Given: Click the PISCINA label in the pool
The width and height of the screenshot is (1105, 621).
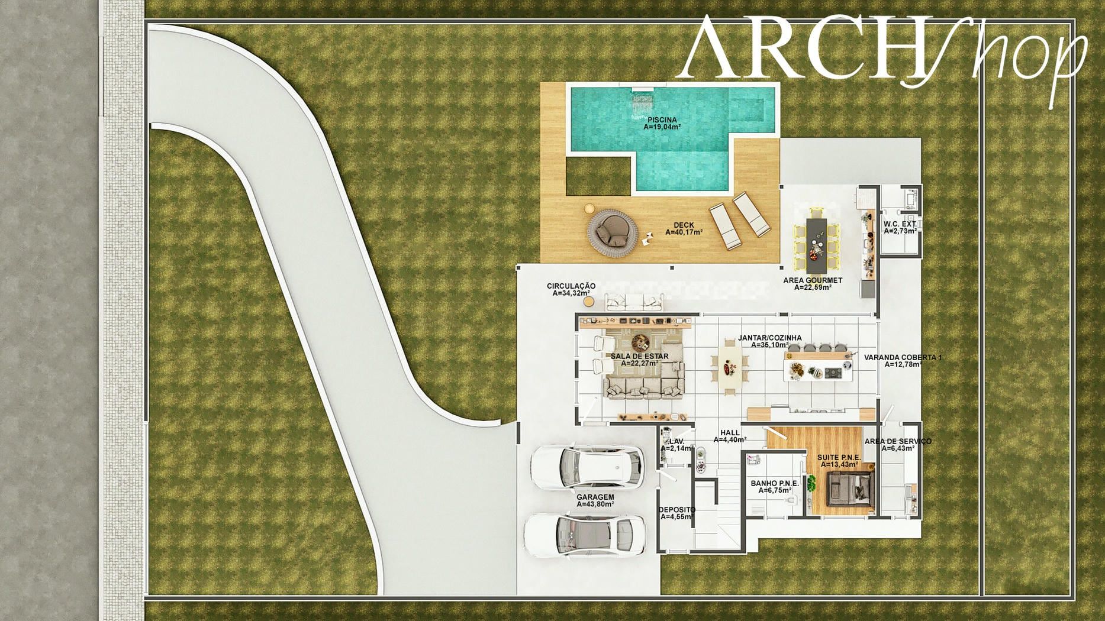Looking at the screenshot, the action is tap(662, 120).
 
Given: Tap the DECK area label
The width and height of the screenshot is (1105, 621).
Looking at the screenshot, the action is tap(684, 225).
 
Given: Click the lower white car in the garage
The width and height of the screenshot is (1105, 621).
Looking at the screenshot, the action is tap(585, 535).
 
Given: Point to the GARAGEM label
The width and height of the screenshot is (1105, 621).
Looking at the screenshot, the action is tap(595, 497).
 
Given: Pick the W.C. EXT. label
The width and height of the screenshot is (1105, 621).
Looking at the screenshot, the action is tap(900, 224).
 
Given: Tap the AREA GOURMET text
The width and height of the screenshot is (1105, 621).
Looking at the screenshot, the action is tap(813, 280).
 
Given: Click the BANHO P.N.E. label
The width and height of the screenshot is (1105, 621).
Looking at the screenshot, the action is tap(775, 483).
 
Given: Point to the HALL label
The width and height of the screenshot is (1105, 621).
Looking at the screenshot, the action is tap(730, 433).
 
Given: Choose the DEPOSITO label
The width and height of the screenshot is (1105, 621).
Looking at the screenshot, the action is tap(676, 510).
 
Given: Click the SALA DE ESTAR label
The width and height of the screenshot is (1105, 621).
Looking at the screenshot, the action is tap(640, 356).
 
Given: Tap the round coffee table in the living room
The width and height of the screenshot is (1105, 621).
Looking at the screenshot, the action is tap(640, 342).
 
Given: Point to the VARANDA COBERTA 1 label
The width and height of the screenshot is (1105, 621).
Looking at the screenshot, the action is tap(903, 357).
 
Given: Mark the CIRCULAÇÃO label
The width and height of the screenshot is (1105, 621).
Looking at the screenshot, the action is tap(571, 286).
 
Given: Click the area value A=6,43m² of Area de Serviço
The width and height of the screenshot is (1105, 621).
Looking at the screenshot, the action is tap(898, 448).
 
